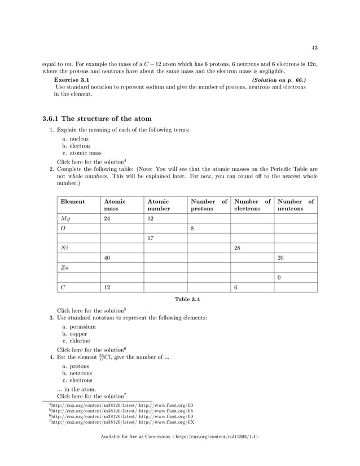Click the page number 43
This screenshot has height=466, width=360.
314,47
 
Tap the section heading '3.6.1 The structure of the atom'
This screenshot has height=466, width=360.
96,119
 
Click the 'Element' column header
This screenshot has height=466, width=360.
73,201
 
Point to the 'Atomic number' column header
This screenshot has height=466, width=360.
158,205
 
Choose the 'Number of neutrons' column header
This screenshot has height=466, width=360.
296,205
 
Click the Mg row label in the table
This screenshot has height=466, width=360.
65,218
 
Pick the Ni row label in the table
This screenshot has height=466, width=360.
65,248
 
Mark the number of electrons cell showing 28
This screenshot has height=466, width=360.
238,248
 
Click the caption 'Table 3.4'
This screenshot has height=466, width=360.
187,299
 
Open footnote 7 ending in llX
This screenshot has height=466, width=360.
122,422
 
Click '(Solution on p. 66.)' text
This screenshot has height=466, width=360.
279,80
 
